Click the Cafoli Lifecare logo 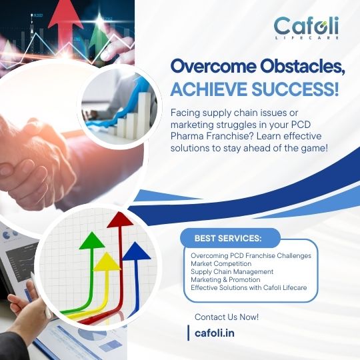coord(306,28)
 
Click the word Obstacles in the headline coord(303,67)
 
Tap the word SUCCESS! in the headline coord(295,89)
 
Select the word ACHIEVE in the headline coord(209,89)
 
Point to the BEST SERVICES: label coord(228,238)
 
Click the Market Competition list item coord(221,263)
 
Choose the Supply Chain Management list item coord(232,271)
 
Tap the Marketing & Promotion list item coord(225,279)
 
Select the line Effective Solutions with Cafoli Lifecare coord(249,288)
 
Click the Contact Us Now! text coord(227,317)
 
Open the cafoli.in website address coord(215,333)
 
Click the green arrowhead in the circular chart coord(92,241)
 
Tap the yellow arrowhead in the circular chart coord(107,261)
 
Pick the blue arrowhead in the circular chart coord(137,251)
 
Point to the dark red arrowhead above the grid coord(120,220)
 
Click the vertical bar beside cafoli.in coord(189,333)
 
